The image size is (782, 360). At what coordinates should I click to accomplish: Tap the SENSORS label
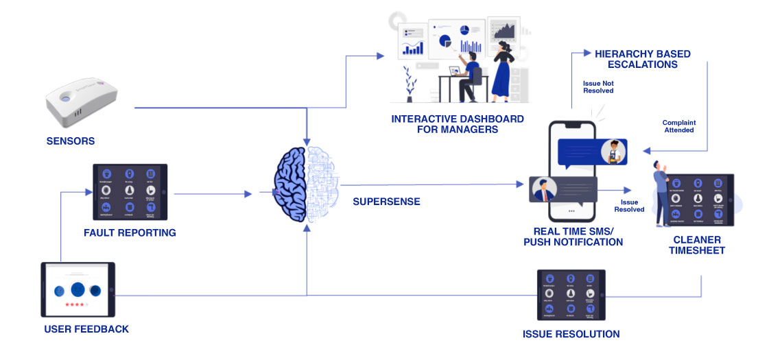click(71, 141)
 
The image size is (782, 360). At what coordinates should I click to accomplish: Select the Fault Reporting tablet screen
click(130, 191)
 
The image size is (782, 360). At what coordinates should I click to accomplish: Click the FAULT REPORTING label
click(130, 232)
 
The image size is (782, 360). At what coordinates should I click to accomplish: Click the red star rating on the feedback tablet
click(75, 304)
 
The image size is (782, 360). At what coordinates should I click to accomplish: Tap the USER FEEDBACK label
click(86, 329)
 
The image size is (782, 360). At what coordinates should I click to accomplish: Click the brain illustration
click(305, 186)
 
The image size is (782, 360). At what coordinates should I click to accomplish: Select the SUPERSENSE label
click(386, 202)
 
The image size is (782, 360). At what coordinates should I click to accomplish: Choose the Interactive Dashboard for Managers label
click(458, 123)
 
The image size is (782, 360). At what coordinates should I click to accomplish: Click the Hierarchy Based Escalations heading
click(642, 59)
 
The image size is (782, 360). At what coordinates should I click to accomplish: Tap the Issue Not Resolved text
click(598, 86)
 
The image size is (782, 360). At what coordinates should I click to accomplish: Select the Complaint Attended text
click(678, 126)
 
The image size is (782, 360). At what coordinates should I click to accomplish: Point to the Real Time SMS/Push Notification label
click(573, 236)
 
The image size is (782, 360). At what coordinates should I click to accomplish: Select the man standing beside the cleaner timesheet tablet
click(662, 192)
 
